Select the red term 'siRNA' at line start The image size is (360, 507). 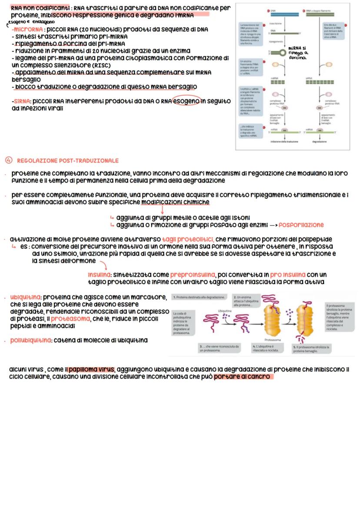(x=20, y=101)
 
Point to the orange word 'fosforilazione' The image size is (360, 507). (x=301, y=225)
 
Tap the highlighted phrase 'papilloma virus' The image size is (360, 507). (x=91, y=369)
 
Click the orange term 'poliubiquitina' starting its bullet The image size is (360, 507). (x=30, y=340)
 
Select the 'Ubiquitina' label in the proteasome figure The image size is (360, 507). (x=224, y=311)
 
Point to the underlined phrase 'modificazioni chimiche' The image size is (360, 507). (x=176, y=202)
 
